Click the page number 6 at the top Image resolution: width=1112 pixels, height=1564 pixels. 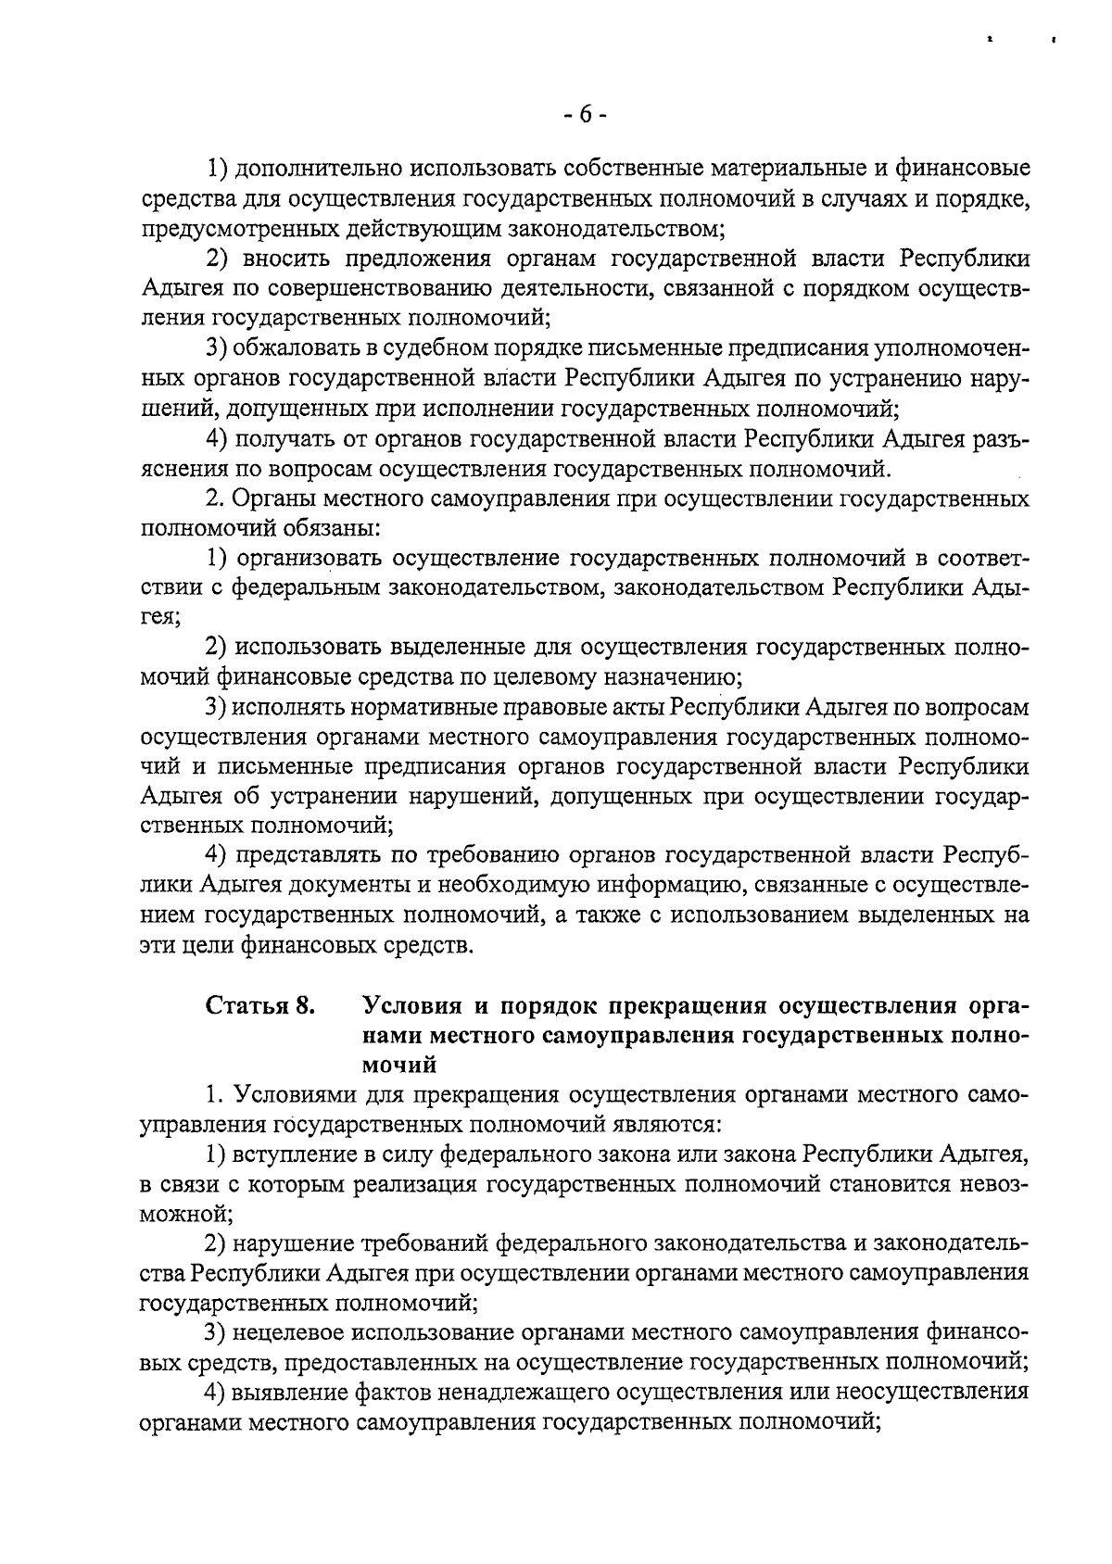pos(585,115)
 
